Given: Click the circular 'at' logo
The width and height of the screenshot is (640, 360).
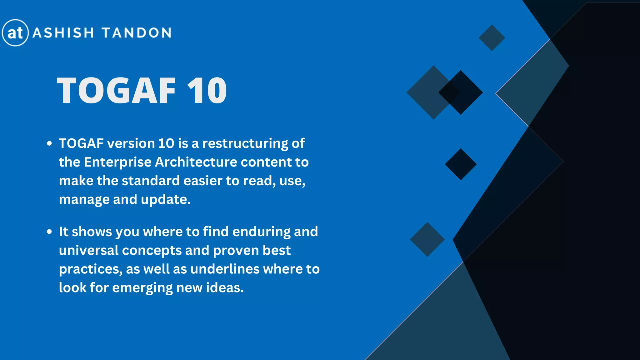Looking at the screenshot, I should (x=15, y=33).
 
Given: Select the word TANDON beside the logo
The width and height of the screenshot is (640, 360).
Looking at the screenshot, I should (x=137, y=33).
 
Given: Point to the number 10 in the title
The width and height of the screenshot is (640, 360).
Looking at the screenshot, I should (x=207, y=91).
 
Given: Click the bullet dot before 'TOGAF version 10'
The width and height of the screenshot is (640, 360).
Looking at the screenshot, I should (x=49, y=144).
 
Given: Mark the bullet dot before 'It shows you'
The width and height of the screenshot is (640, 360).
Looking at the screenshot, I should (x=49, y=232).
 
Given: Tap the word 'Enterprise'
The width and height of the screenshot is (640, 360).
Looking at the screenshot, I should (x=117, y=162).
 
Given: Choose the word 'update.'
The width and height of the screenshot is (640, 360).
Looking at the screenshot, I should (x=165, y=199).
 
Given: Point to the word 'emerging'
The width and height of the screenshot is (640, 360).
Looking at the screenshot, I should (x=142, y=288).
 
